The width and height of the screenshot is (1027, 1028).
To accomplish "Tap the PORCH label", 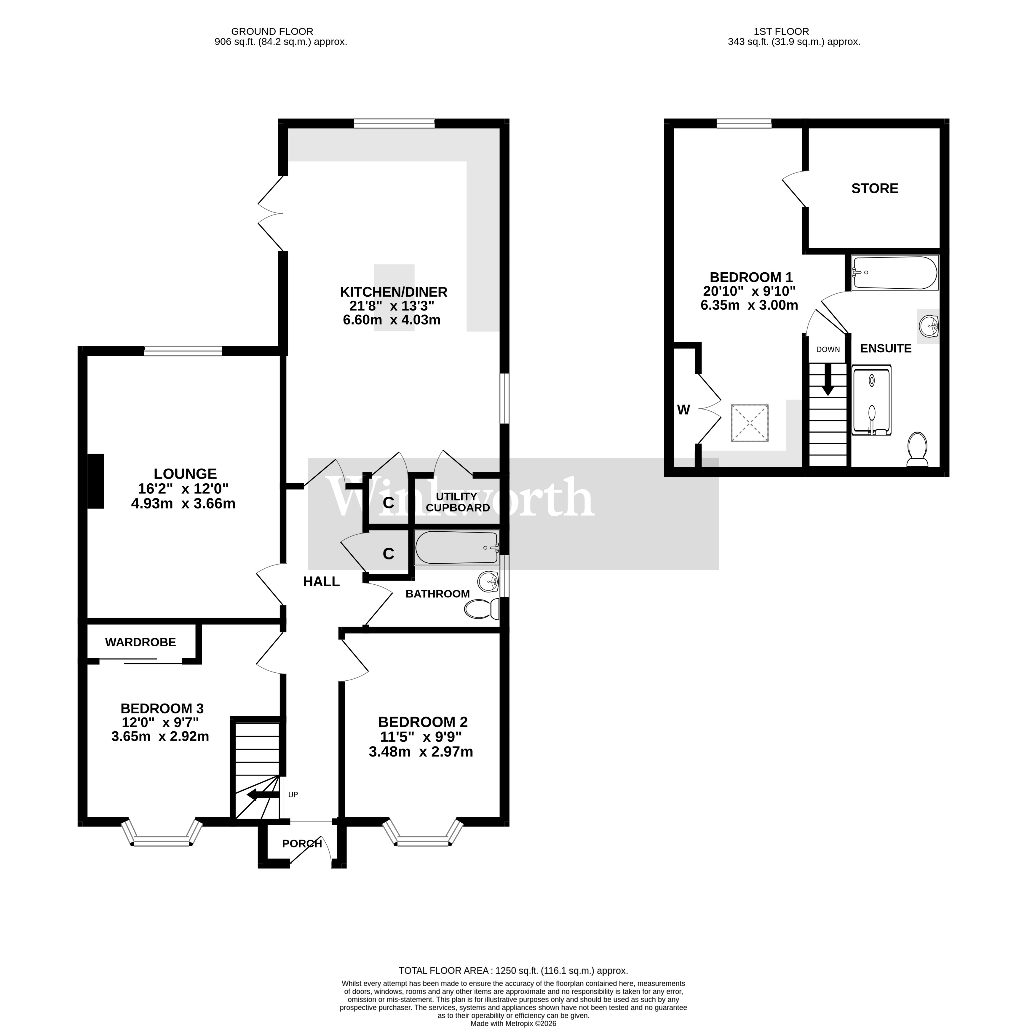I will point(302,843).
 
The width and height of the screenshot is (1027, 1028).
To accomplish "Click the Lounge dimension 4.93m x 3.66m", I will point(183,503).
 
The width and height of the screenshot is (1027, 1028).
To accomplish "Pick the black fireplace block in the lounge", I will point(96,481).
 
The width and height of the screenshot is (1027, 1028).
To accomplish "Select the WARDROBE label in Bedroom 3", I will point(140,642).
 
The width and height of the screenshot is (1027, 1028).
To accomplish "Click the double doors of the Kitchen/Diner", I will point(271,213).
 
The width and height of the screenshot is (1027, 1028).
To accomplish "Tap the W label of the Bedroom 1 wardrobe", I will point(683,410).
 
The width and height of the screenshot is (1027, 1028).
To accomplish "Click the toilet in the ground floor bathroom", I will point(481,609).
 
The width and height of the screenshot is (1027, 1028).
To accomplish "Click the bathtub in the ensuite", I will point(894,272).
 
